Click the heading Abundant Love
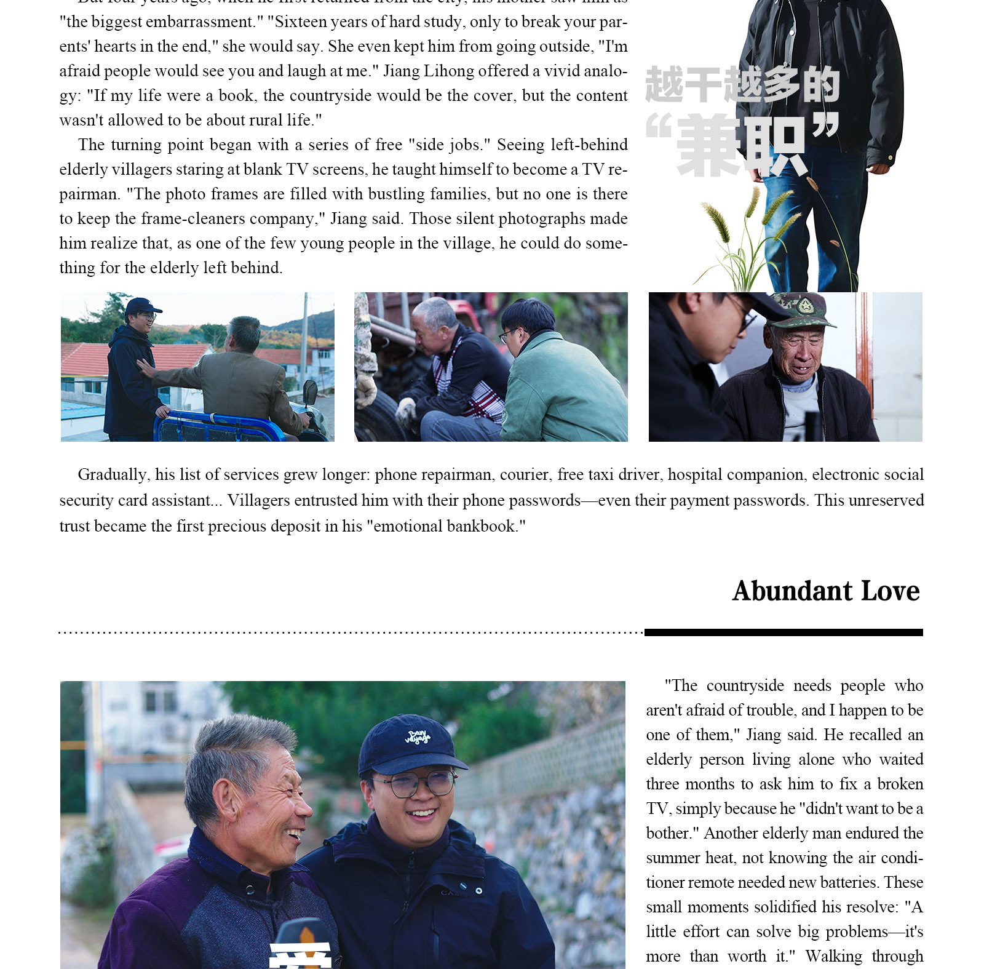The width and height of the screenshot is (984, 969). point(825,591)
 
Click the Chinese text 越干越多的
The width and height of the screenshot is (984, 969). point(742,85)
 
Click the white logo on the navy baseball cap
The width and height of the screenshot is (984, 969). point(417,736)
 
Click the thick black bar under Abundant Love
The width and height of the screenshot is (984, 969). point(783,632)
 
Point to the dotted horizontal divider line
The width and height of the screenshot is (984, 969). point(351,632)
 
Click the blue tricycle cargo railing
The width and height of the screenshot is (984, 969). point(215,425)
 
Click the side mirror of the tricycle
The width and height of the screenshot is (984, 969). point(311,392)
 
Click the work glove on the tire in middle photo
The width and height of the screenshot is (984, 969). point(406,409)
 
